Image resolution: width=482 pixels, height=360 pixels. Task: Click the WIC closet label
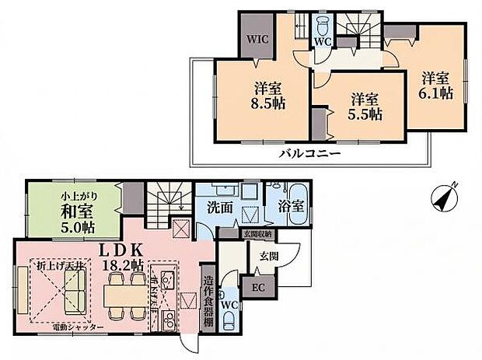point(257,37)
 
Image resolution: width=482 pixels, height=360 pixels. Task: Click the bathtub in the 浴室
point(299,192)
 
